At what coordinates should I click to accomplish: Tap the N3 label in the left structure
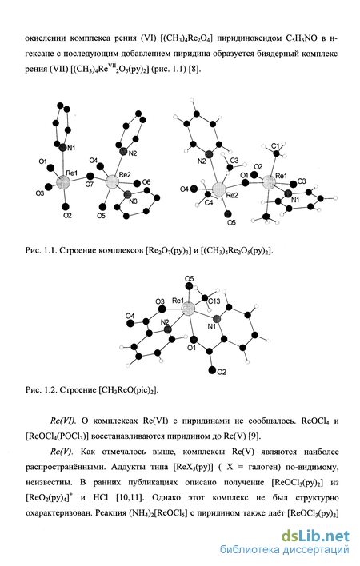tap(133, 201)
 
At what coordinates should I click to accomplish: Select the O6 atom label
tap(146, 182)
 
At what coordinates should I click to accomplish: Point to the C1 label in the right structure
tap(275, 146)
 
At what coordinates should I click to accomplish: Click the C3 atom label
tap(234, 160)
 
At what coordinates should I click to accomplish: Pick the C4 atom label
tap(209, 203)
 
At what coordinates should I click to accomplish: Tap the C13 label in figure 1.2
tap(214, 301)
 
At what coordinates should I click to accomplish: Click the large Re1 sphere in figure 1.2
tap(188, 309)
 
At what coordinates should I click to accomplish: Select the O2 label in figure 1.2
tap(222, 373)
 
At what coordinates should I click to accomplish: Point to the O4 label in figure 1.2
tap(130, 317)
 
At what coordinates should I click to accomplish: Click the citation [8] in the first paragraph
tap(194, 69)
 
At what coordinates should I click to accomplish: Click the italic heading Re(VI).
tap(63, 421)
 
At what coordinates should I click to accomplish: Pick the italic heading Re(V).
tap(62, 452)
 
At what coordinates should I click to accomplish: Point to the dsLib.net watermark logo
tap(315, 536)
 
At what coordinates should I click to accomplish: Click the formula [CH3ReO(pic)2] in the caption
tap(129, 390)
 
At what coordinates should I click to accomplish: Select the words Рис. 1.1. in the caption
tap(40, 250)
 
